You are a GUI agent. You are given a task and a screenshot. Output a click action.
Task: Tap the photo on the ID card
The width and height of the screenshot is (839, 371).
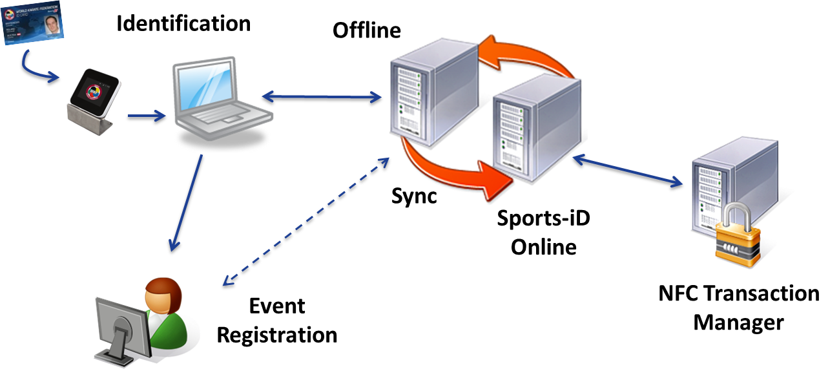(x=49, y=26)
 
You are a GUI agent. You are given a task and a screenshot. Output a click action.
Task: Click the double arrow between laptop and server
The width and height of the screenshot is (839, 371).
(x=320, y=97)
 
